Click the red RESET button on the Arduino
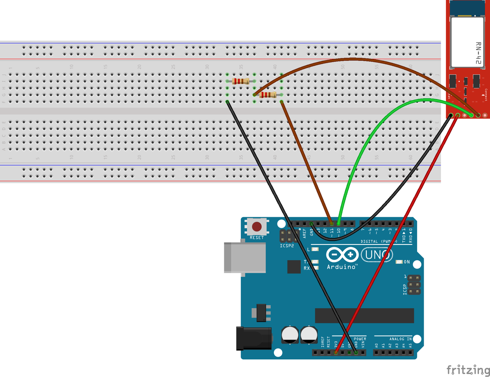[x=257, y=226]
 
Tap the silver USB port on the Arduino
[x=245, y=257]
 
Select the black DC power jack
[x=254, y=338]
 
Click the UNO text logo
[x=377, y=255]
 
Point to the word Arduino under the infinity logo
[x=341, y=267]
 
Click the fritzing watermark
[x=468, y=370]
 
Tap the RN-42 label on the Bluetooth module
[x=478, y=53]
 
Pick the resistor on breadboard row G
[x=268, y=95]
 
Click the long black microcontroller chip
[x=364, y=316]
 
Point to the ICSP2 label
[x=287, y=246]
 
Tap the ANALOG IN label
[x=401, y=339]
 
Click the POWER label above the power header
[x=360, y=339]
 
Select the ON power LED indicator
[x=399, y=262]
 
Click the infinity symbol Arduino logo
[x=342, y=254]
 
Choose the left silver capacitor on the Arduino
[x=290, y=335]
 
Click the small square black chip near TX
[x=294, y=267]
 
